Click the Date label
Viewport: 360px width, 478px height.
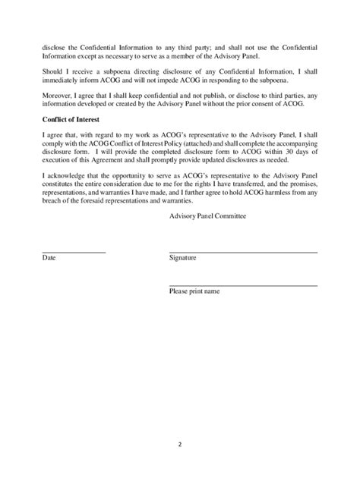pos(49,259)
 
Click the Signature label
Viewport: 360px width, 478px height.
pos(183,259)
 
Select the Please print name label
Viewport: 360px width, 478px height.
pos(194,291)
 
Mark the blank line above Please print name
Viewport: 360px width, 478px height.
pos(243,285)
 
